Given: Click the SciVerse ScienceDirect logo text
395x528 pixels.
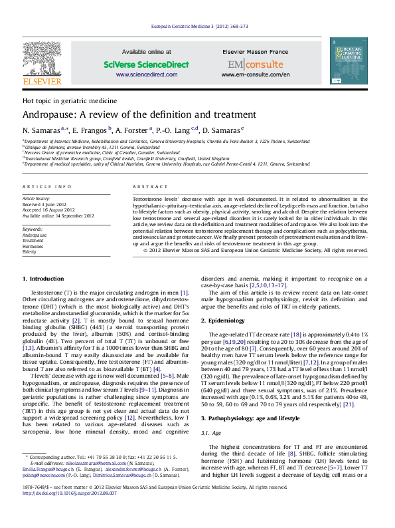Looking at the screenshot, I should click(x=137, y=65).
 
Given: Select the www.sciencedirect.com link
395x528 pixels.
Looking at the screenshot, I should click(x=137, y=75).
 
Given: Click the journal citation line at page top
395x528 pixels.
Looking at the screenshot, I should click(x=200, y=26).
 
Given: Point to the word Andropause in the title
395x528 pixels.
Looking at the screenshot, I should click(x=51, y=114).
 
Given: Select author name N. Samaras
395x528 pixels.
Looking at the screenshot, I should click(x=42, y=130).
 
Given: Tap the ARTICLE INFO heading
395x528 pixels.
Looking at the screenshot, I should click(x=47, y=188).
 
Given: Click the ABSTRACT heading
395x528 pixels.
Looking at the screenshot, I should click(x=146, y=188).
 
